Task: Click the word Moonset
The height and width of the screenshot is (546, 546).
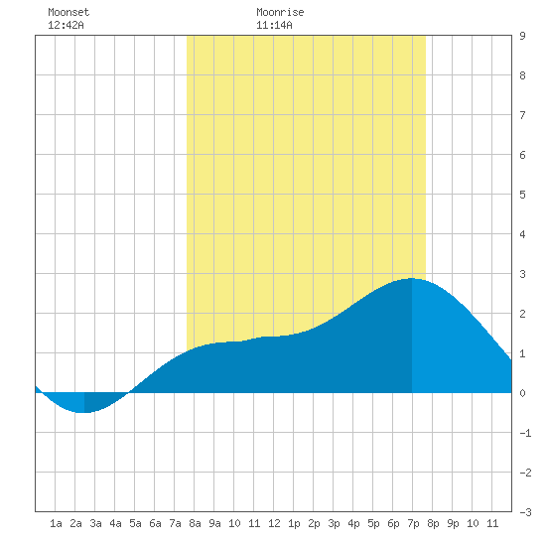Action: [x=68, y=12]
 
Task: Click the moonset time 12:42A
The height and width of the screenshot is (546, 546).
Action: [x=66, y=25]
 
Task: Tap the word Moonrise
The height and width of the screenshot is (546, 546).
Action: [x=280, y=12]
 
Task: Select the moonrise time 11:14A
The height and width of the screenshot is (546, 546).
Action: [x=274, y=25]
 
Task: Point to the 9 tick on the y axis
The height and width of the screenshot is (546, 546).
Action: [x=522, y=36]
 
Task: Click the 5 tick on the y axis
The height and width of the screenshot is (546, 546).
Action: [x=522, y=195]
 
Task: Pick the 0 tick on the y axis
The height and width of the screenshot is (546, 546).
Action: [x=522, y=393]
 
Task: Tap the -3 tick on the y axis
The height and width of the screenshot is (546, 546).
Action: [x=525, y=512]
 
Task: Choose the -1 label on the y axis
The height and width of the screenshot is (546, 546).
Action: [x=525, y=433]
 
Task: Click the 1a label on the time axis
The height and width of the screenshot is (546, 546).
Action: [x=56, y=523]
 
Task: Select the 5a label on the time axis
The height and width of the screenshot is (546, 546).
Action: [x=135, y=523]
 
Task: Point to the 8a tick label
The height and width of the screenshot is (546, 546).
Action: [x=195, y=523]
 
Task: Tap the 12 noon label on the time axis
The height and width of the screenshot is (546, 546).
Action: [x=274, y=523]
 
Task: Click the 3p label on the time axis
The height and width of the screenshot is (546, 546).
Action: [x=334, y=523]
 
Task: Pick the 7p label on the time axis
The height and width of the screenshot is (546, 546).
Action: [x=413, y=523]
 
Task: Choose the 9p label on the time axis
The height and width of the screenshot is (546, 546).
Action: [x=453, y=523]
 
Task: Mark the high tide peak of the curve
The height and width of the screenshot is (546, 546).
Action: [x=412, y=278]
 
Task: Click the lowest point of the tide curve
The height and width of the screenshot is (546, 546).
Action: [x=84, y=413]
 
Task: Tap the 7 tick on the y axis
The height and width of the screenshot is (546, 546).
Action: [x=522, y=115]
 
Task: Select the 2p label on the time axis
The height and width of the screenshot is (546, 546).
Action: [x=314, y=523]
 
